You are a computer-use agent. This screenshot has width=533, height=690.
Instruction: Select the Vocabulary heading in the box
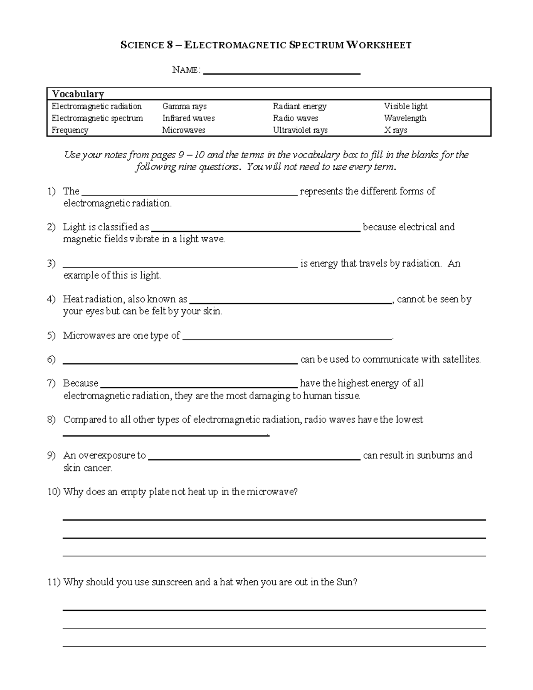click(78, 94)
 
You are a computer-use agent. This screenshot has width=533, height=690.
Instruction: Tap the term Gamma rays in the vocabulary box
click(184, 107)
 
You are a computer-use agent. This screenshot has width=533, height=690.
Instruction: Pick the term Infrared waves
click(188, 118)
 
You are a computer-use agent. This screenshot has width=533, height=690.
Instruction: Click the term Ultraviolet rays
click(300, 130)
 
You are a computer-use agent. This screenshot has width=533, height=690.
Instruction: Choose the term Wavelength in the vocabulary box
click(405, 118)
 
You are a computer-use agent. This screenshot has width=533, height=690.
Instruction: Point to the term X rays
click(395, 130)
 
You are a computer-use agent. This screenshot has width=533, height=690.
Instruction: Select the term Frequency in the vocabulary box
click(70, 130)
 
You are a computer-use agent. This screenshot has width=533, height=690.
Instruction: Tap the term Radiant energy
click(299, 107)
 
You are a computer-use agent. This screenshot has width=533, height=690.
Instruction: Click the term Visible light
click(406, 107)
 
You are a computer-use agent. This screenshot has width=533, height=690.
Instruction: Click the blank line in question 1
click(190, 194)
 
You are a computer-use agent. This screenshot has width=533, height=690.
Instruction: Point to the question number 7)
click(52, 383)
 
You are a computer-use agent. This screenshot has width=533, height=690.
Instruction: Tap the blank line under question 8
click(166, 435)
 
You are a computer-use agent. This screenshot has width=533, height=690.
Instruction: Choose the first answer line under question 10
click(274, 519)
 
